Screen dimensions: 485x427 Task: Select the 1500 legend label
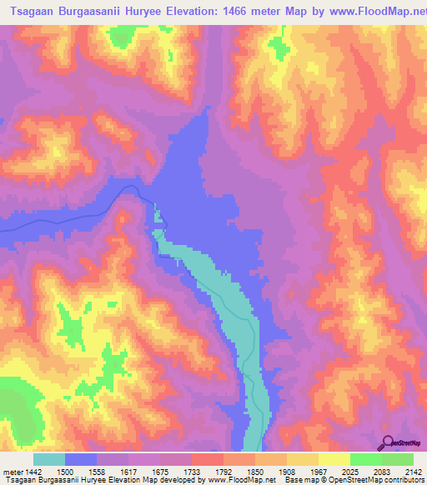[x=66, y=472]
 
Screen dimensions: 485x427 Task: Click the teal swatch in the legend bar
[x=49, y=459]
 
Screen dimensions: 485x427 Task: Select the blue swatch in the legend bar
[x=81, y=459]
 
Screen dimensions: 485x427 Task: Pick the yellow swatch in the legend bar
[x=334, y=459]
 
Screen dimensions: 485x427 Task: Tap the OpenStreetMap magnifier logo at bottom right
[x=387, y=442]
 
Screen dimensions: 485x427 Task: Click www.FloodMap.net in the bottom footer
[x=241, y=481]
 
